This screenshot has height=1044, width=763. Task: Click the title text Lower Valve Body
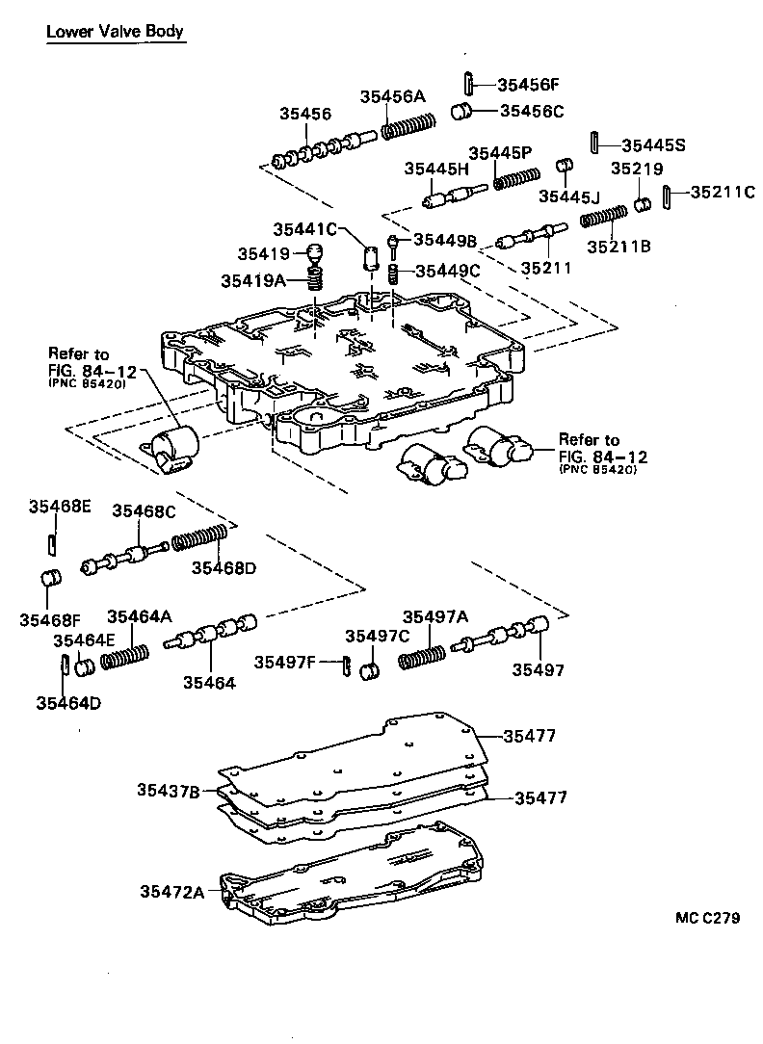pyautogui.click(x=115, y=32)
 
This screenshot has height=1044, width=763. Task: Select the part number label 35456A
pyautogui.click(x=392, y=96)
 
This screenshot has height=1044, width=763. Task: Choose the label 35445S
pyautogui.click(x=652, y=145)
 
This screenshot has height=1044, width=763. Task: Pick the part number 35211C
pyautogui.click(x=722, y=192)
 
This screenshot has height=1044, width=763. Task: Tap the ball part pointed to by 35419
pyautogui.click(x=314, y=255)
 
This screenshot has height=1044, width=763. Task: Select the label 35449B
pyautogui.click(x=445, y=239)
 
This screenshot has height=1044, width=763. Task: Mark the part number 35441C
pyautogui.click(x=304, y=229)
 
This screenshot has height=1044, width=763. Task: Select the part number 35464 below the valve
pyautogui.click(x=209, y=682)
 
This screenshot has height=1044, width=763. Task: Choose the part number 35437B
pyautogui.click(x=168, y=791)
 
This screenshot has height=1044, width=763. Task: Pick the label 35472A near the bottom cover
pyautogui.click(x=171, y=893)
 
